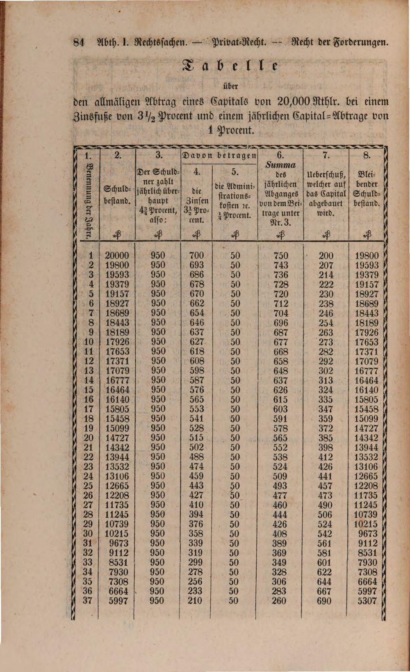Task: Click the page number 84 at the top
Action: (x=78, y=41)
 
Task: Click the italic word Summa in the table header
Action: (x=280, y=165)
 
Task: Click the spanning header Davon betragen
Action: (x=219, y=155)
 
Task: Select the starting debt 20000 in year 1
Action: (x=117, y=255)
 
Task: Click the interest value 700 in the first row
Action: (x=197, y=255)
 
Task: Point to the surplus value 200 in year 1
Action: (x=326, y=255)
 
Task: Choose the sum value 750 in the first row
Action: (x=280, y=255)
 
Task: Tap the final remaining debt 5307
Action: (x=367, y=601)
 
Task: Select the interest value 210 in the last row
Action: (x=195, y=601)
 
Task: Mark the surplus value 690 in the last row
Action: (x=324, y=601)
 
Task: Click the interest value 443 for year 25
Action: (x=196, y=485)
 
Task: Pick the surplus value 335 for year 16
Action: (x=325, y=399)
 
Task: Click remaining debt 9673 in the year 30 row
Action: (x=368, y=533)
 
